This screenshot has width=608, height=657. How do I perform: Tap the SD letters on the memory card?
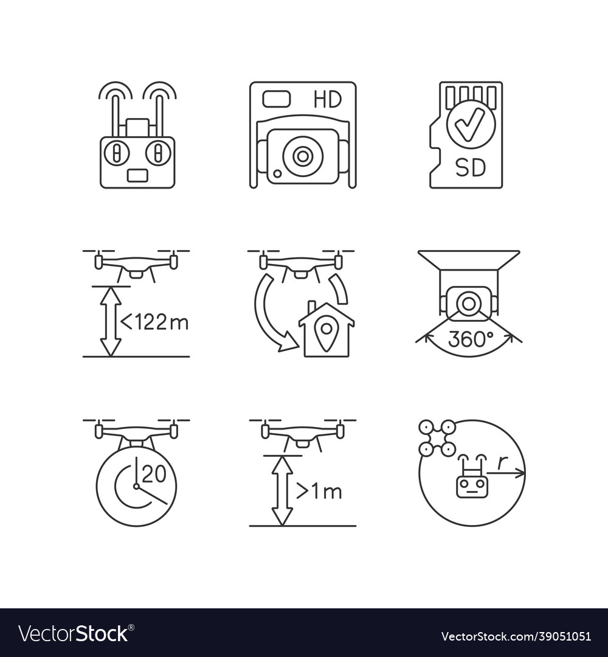[x=471, y=166]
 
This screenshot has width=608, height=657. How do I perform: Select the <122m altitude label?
[x=156, y=322]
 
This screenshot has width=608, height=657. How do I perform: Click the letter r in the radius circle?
[x=500, y=463]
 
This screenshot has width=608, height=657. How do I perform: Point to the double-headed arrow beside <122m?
[x=110, y=321]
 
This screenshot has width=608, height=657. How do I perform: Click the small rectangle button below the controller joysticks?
[x=137, y=175]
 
